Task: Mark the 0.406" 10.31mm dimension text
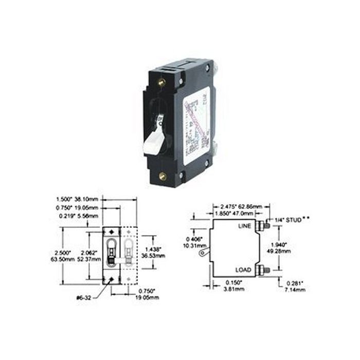pyautogui.click(x=193, y=242)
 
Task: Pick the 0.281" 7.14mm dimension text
pyautogui.click(x=295, y=287)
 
